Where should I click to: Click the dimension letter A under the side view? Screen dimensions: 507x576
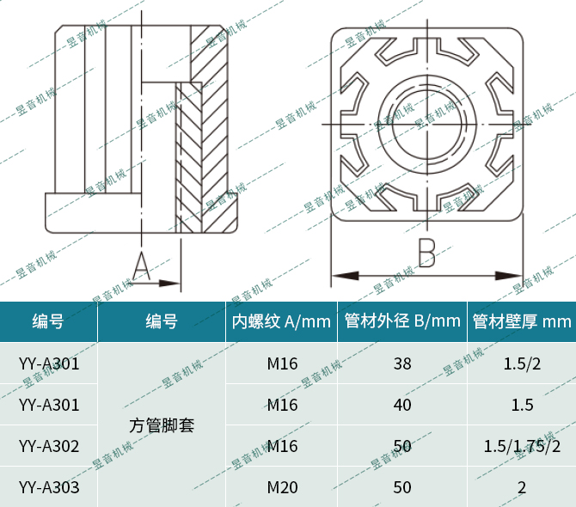[143, 266]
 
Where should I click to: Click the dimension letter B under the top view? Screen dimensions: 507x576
[427, 253]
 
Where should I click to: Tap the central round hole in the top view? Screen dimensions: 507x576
[427, 125]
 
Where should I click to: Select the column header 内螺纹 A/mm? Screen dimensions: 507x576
[281, 322]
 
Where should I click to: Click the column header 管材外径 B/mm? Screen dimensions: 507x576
[402, 322]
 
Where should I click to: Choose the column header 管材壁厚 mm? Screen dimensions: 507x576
[521, 322]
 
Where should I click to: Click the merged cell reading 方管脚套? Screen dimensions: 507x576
[162, 425]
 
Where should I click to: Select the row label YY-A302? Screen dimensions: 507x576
[49, 446]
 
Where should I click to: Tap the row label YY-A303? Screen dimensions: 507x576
[49, 487]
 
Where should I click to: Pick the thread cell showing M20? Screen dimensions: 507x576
[282, 487]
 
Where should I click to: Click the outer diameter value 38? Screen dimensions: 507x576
[402, 363]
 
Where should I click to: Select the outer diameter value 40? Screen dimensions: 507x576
[402, 405]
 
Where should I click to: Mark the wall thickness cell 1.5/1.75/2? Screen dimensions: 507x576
[522, 446]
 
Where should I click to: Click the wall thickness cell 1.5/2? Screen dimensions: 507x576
[522, 363]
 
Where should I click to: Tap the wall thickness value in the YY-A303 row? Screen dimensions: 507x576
[522, 487]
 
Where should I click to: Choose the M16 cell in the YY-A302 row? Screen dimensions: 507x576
[282, 446]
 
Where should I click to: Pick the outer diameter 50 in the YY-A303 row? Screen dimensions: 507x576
[402, 487]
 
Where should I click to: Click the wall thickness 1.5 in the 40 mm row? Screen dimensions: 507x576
[522, 405]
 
